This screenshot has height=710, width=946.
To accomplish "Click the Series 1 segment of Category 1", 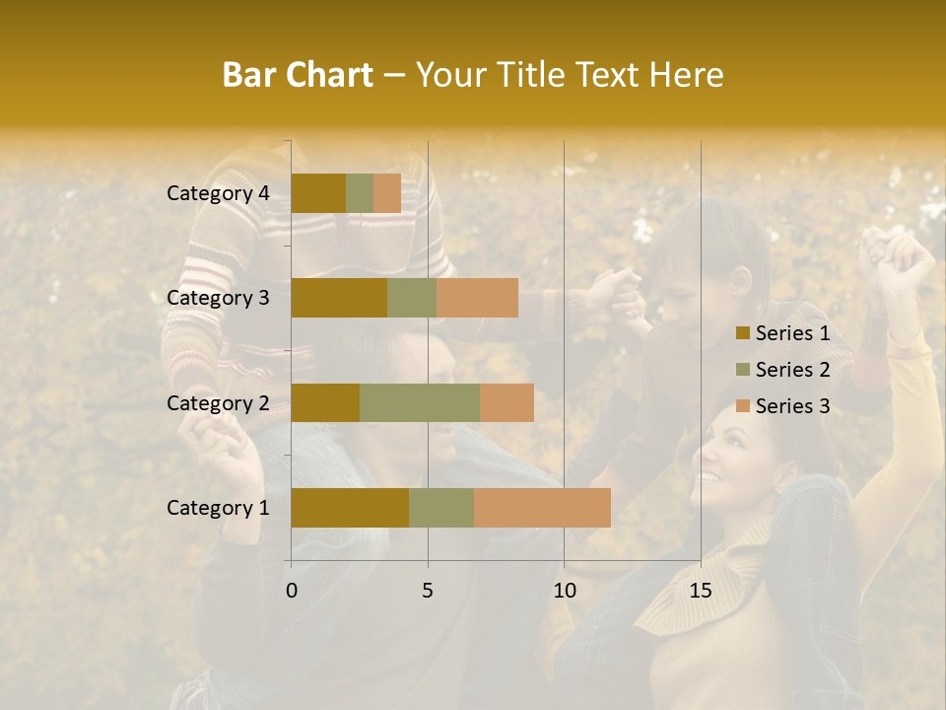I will tap(350, 508).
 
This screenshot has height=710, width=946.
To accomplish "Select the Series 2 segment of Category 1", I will tap(441, 508).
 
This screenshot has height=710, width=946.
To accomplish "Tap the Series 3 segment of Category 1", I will tap(542, 508).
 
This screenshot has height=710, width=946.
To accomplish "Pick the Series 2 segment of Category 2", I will tap(420, 402).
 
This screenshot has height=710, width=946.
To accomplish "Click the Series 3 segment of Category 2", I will tap(507, 402).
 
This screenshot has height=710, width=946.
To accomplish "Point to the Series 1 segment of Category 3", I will tap(339, 298).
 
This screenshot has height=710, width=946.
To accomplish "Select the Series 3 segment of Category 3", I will tap(477, 298).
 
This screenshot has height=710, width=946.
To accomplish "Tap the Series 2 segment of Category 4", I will tap(360, 193).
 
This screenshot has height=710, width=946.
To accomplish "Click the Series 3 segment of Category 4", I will tap(387, 193).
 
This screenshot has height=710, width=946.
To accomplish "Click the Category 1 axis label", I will tap(218, 508).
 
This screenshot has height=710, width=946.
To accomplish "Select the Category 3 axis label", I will tap(218, 298).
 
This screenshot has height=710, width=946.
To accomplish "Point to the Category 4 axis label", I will tap(218, 193).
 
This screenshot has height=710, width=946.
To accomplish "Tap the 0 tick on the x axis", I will tap(292, 591).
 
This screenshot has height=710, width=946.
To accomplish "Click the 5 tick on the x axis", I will tap(428, 591).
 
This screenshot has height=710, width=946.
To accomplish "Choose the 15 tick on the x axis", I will tap(701, 591).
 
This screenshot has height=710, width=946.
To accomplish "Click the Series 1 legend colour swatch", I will tap(743, 333).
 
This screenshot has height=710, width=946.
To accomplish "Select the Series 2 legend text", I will tap(792, 370).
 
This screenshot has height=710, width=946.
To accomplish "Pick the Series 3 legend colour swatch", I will tap(743, 406).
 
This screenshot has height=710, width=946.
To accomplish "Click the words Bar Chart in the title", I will tap(298, 75).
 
